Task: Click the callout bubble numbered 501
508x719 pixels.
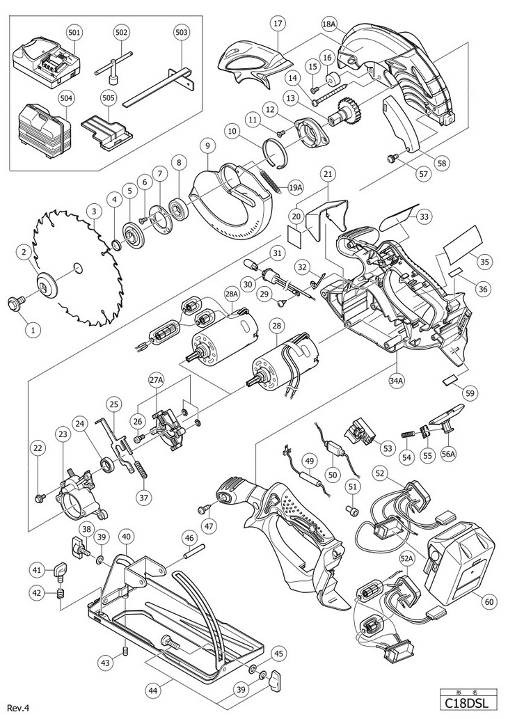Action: click(x=74, y=33)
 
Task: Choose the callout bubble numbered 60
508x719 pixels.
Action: click(x=489, y=601)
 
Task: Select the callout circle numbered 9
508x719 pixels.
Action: click(x=207, y=146)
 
